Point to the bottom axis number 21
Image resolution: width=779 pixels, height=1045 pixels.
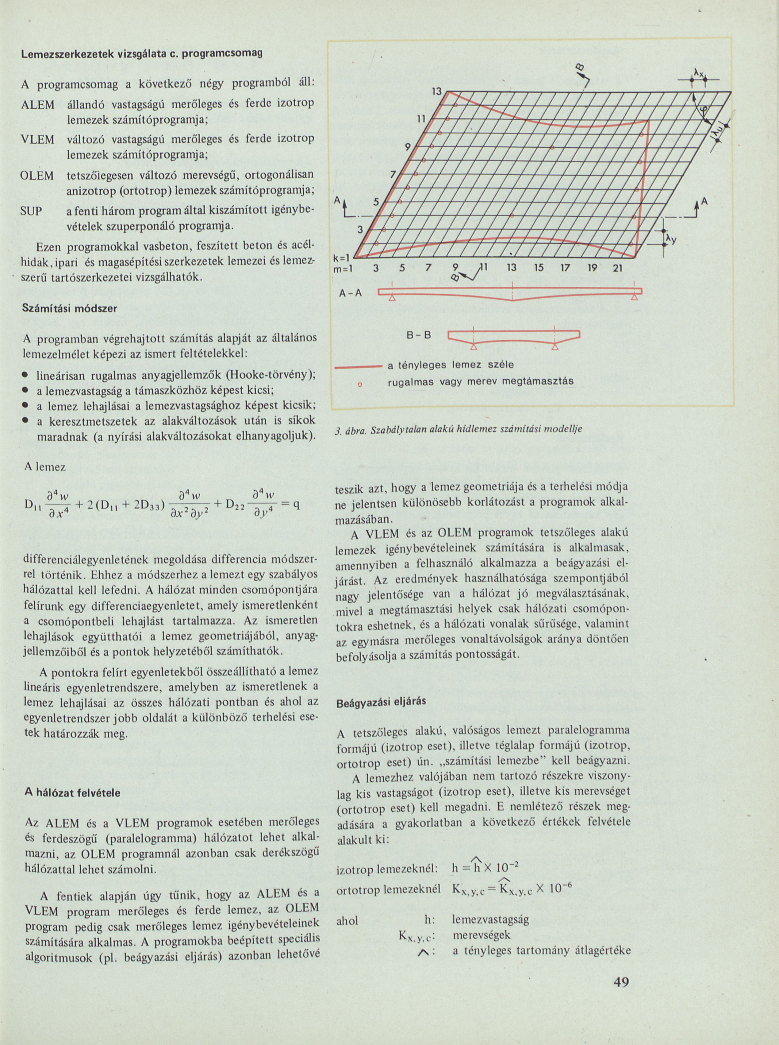point(617,269)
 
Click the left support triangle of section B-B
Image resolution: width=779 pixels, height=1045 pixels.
point(474,347)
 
